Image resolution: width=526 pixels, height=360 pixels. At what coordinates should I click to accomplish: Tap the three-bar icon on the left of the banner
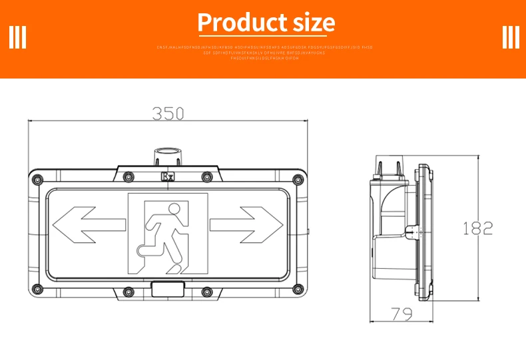pos(17,37)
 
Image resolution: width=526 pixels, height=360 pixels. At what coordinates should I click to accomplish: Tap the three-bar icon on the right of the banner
pos(511,37)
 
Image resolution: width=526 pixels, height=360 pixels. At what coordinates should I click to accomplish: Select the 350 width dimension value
pos(168,114)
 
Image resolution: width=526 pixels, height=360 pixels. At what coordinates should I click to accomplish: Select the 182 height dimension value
pos(477,228)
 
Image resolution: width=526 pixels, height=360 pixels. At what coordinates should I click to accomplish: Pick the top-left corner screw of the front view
pos(37,178)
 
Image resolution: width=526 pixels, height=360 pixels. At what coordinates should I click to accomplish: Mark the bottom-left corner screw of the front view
pos(37,289)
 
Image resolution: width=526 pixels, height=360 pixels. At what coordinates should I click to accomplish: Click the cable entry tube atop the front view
pos(168,157)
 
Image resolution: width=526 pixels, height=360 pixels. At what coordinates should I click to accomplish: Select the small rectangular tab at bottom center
pos(168,289)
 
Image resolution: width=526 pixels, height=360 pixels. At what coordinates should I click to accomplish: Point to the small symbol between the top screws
pos(168,177)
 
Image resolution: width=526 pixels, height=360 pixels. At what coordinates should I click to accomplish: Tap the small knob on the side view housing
pos(412,231)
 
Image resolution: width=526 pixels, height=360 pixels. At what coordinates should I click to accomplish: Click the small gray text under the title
pos(264,53)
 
